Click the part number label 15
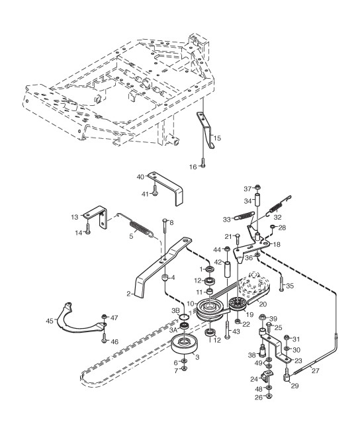[x=217, y=138]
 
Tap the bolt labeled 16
[x=203, y=163]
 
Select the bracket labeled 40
[x=167, y=188]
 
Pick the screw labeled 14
[x=87, y=228]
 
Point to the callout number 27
[x=315, y=370]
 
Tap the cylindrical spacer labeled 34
[x=257, y=200]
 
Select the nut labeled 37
[x=257, y=188]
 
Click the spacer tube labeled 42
[x=227, y=269]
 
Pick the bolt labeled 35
[x=281, y=284]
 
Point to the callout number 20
[x=263, y=304]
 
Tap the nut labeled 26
[x=269, y=397]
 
